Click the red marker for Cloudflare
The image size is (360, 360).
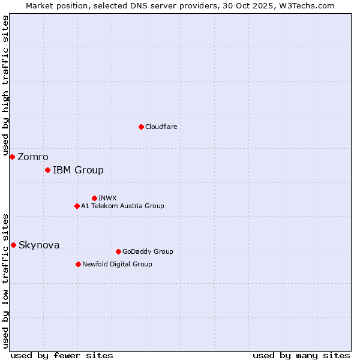[x=141, y=127]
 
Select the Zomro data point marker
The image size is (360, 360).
[x=12, y=157]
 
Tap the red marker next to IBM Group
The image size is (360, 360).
[x=47, y=170]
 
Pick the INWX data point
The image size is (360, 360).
[x=94, y=198]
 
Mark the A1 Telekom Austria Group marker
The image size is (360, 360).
[x=77, y=206]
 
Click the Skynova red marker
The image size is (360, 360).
[x=13, y=245]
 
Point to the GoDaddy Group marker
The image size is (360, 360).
[x=118, y=251]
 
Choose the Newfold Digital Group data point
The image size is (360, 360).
[x=78, y=264]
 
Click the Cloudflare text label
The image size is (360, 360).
[x=161, y=127]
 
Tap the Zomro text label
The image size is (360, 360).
[x=33, y=157]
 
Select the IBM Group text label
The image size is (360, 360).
[x=78, y=170]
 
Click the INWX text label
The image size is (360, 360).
[x=107, y=198]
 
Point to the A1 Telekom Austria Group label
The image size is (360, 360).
[x=122, y=206]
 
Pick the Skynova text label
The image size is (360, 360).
[x=39, y=245]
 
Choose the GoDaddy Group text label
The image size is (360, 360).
[x=148, y=251]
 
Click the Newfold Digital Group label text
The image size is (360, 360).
[x=117, y=264]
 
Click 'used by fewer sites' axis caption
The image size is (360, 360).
[x=62, y=356]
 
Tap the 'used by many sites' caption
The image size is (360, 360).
[x=301, y=356]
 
